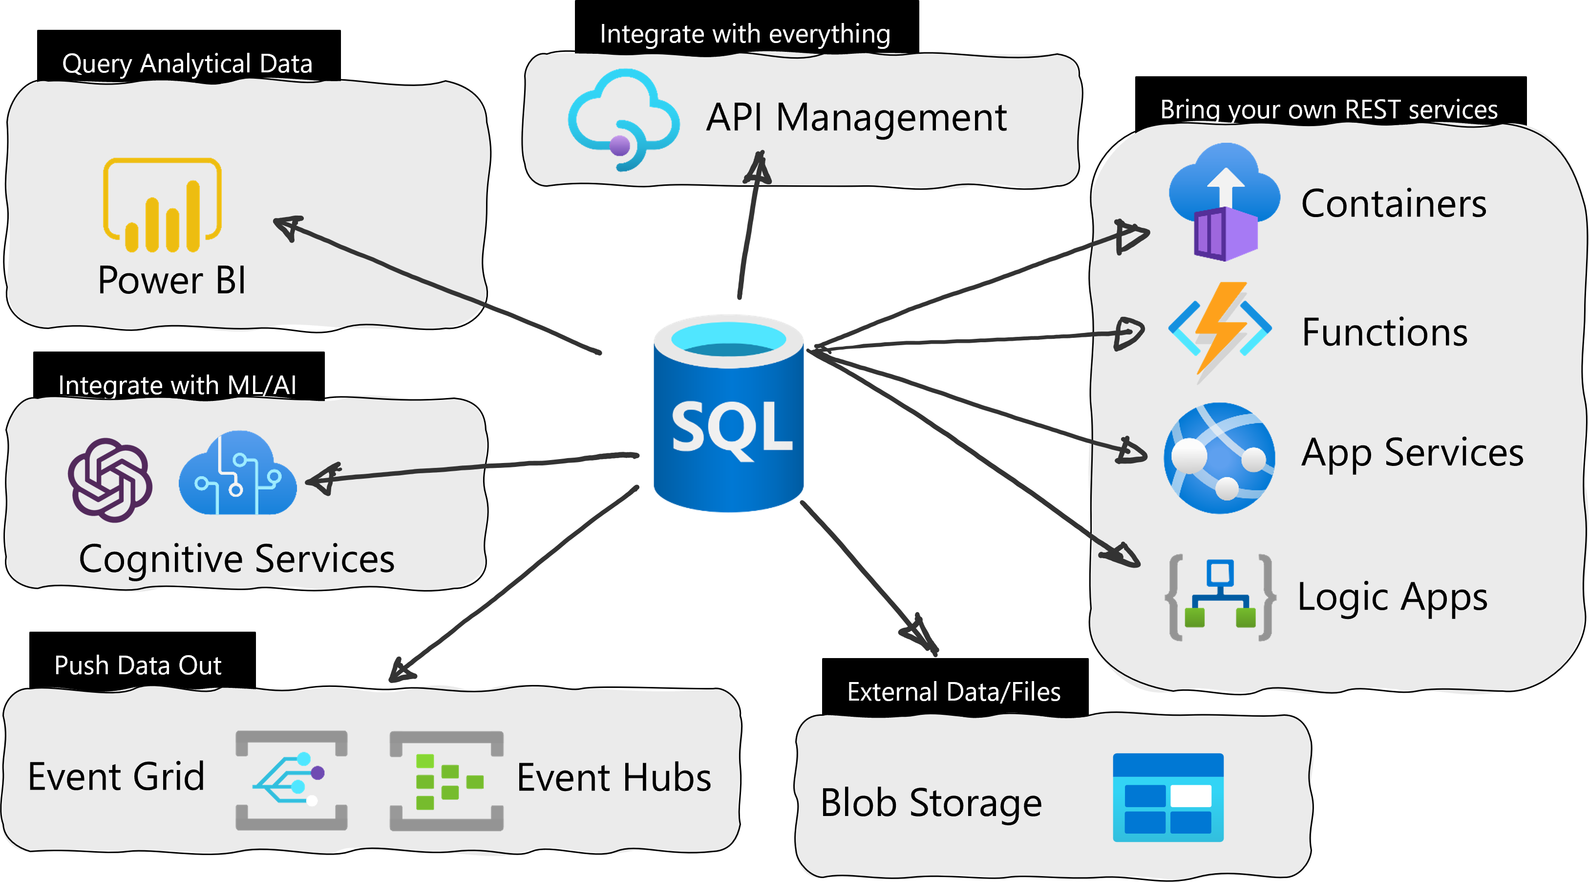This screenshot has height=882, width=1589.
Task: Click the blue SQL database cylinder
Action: pos(728,414)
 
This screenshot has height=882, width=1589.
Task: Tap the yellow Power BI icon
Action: pos(162,205)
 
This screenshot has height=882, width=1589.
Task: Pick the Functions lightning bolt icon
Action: pos(1220,330)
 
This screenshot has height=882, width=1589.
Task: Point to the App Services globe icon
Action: pos(1219,458)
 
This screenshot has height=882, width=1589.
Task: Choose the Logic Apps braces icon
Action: pos(1220,597)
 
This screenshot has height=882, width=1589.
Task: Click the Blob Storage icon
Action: pos(1168,797)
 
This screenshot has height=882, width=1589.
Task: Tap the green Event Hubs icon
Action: pos(446,781)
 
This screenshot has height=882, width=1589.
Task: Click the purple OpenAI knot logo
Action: pos(110,480)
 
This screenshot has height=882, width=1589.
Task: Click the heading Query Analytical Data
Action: pos(187,64)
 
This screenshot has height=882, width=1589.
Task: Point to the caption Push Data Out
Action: pos(138,665)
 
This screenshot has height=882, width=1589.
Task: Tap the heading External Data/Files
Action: pos(953,692)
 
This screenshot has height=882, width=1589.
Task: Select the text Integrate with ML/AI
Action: pos(177,386)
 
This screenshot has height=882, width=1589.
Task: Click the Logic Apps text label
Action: pos(1392,597)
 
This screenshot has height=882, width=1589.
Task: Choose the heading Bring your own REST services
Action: pos(1329,110)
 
